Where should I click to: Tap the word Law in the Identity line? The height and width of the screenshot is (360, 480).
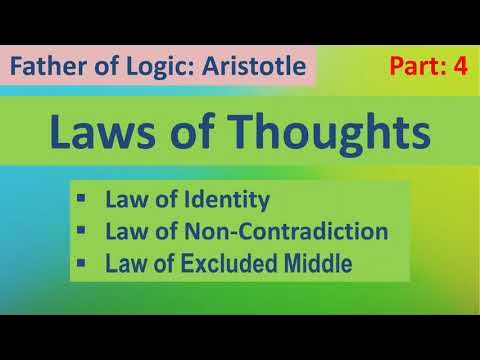pos(124,200)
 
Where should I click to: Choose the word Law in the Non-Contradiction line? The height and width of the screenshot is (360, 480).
pos(124,232)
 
